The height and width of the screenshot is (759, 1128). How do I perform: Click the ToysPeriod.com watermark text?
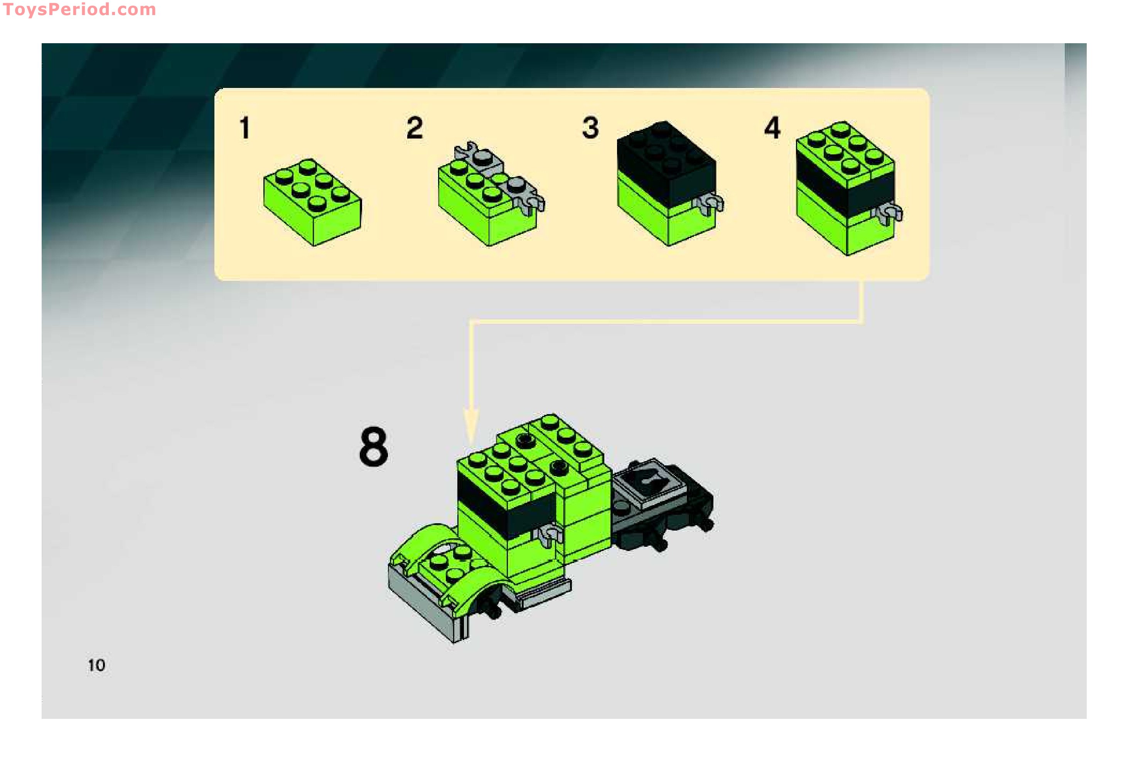[x=79, y=10]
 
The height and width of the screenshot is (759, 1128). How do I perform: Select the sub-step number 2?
[x=415, y=128]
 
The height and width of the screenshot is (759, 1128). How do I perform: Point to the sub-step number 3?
[x=590, y=128]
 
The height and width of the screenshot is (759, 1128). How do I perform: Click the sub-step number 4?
[x=772, y=128]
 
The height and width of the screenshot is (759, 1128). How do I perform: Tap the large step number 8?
[x=373, y=446]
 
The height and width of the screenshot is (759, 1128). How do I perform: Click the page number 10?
[x=96, y=665]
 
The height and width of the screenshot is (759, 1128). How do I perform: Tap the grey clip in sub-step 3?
[x=711, y=203]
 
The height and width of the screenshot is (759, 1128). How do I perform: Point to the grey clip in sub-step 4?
[x=890, y=213]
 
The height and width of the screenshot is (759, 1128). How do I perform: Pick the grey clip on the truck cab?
[x=550, y=535]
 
